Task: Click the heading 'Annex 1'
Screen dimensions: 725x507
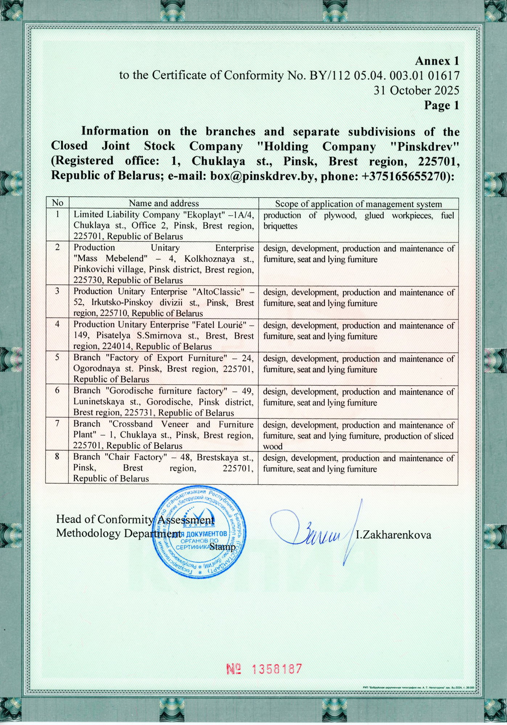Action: click(x=437, y=60)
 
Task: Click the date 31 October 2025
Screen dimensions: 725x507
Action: click(x=416, y=90)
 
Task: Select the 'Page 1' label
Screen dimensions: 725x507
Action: click(x=441, y=105)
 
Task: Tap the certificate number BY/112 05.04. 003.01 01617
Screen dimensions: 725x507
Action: click(x=384, y=75)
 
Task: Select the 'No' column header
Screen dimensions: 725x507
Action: click(x=57, y=203)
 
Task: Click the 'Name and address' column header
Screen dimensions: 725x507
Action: click(x=164, y=203)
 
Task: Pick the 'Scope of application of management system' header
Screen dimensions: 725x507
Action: click(x=358, y=204)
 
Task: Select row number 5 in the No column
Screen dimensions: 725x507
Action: click(x=57, y=357)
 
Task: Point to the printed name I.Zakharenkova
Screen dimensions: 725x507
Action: click(x=393, y=535)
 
